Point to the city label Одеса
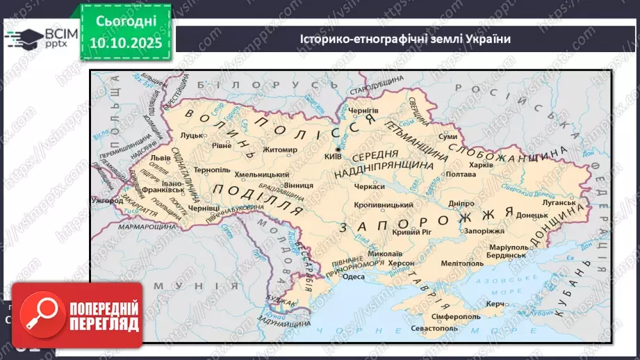pyautogui.click(x=353, y=276)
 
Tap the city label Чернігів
pyautogui.click(x=363, y=110)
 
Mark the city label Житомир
pyautogui.click(x=279, y=149)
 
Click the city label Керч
pyautogui.click(x=495, y=304)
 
